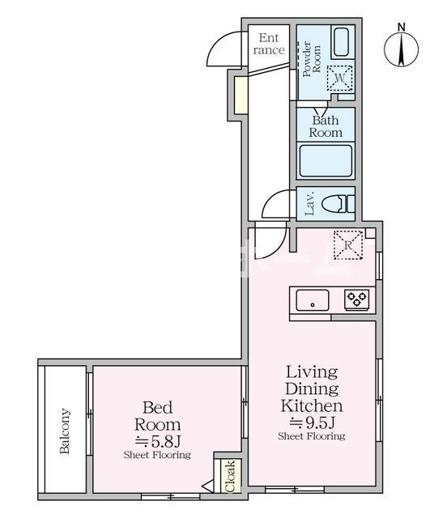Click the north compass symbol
pos(401,49)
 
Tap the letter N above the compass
pos(402,27)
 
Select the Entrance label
pos(269,44)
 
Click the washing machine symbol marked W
pos(339,78)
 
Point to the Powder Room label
pos(312,59)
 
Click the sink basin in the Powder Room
pos(341,42)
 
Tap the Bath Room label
pos(326,126)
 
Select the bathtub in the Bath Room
pos(326,161)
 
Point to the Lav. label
pos(310,203)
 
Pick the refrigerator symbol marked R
pos(348,244)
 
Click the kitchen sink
pos(313,300)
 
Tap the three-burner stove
pos(357,299)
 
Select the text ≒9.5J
pos(313,422)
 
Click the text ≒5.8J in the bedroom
pos(158,441)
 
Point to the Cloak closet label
pos(231,476)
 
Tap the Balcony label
pos(65,431)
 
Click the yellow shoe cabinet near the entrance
pos(241,96)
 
